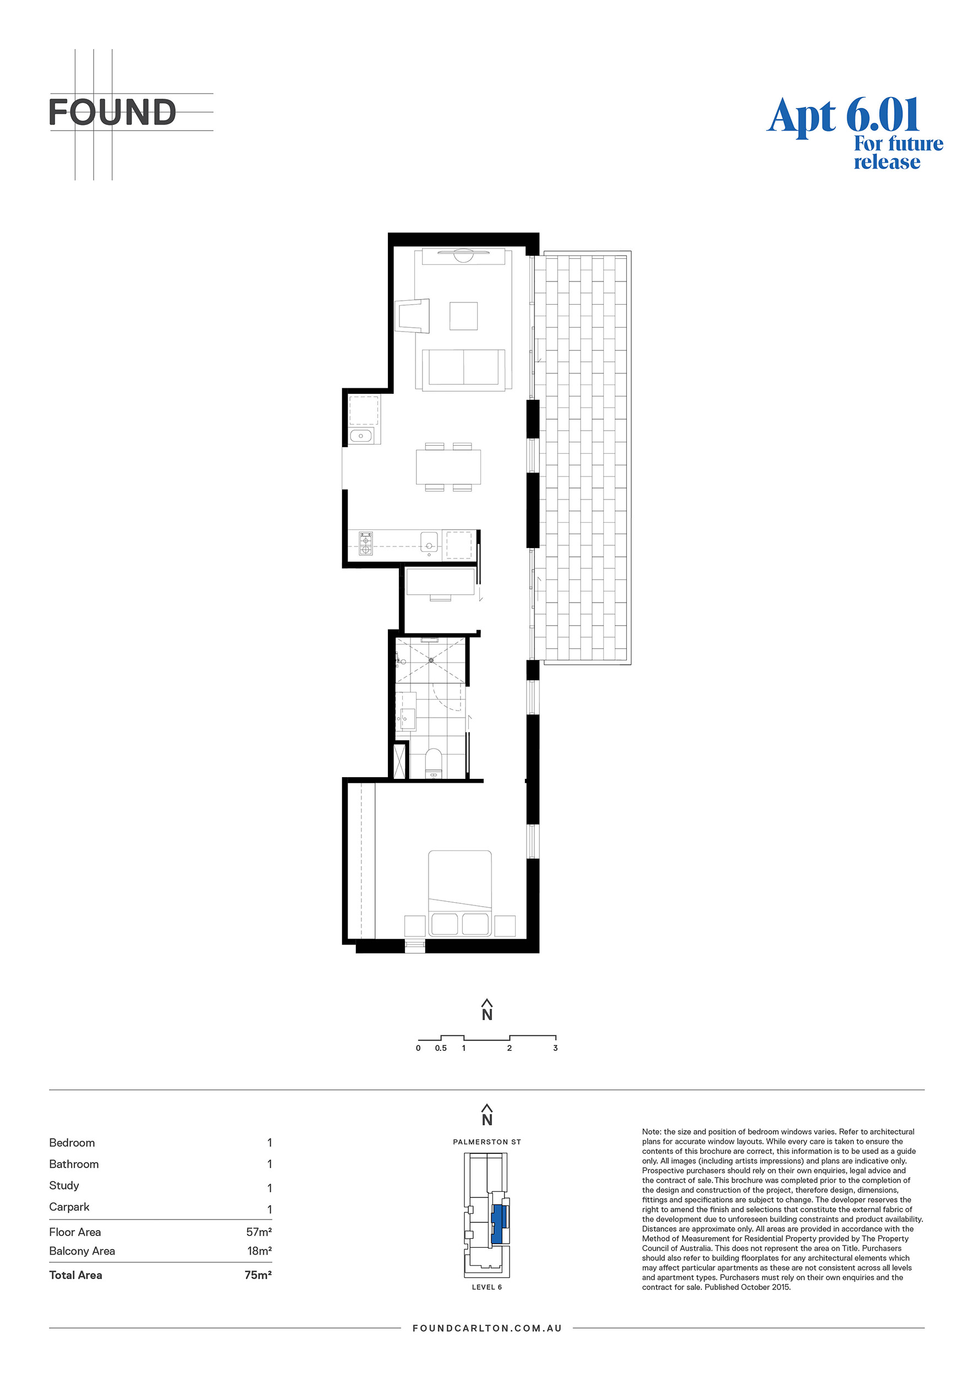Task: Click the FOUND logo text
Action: tap(112, 112)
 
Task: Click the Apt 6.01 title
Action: tap(843, 115)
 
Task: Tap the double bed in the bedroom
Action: tap(459, 893)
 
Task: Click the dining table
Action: tap(448, 467)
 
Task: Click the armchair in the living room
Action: tap(414, 316)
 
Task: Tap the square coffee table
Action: tap(464, 316)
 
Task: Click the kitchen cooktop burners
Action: tap(366, 543)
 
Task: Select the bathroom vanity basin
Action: tap(408, 717)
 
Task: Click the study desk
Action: tap(440, 581)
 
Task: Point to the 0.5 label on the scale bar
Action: tap(441, 1048)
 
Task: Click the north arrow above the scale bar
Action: tap(487, 1010)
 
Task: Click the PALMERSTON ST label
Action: tap(487, 1142)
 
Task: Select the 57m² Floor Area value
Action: tap(258, 1232)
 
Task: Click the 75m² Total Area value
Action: tap(258, 1275)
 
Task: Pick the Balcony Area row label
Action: tap(82, 1251)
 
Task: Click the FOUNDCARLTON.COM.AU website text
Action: tap(487, 1329)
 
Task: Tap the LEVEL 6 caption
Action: tap(487, 1287)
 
